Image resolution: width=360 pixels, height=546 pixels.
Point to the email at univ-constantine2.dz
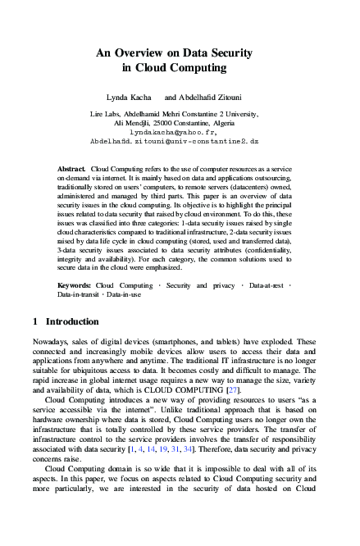179,140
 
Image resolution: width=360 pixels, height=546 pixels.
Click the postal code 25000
160,122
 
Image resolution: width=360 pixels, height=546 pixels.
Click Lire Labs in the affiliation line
105,113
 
